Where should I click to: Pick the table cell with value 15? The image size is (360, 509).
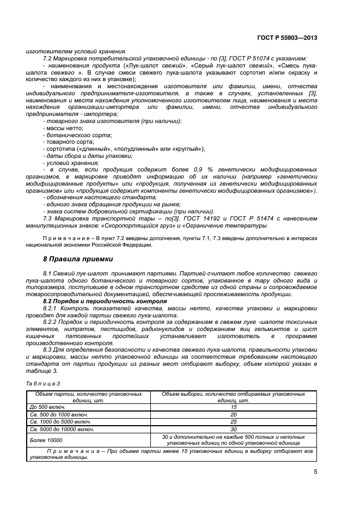coord(233,406)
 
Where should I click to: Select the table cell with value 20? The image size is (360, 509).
coord(233,414)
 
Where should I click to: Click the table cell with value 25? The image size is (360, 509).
coord(233,421)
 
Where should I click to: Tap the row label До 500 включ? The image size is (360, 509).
coord(47,406)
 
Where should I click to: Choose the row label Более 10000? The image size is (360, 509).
coord(46,439)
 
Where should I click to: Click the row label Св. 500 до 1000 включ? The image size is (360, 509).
coord(59,414)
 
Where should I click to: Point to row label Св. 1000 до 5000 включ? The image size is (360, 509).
coord(61,421)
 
